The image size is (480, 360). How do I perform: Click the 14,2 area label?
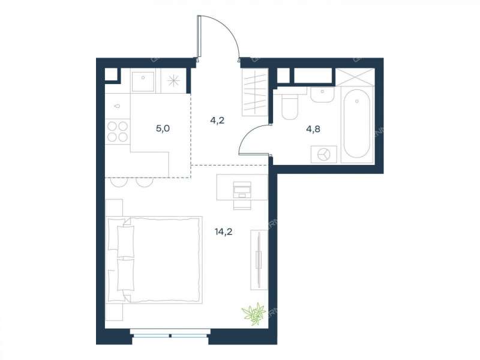pyautogui.click(x=223, y=232)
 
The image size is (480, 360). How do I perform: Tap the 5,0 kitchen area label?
pyautogui.click(x=163, y=128)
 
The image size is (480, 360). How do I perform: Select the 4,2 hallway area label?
pyautogui.click(x=217, y=121)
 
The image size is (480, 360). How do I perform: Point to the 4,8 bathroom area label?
pyautogui.click(x=313, y=129)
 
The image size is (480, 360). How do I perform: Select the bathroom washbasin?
pyautogui.click(x=322, y=94)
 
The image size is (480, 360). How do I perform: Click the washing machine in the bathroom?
pyautogui.click(x=324, y=154)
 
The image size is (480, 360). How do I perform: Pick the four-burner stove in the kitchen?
pyautogui.click(x=118, y=131)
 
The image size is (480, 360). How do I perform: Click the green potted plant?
pyautogui.click(x=254, y=313)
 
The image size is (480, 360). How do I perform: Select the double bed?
pyautogui.click(x=154, y=260)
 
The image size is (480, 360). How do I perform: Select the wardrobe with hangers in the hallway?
pyautogui.click(x=254, y=92)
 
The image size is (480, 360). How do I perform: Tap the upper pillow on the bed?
pyautogui.click(x=125, y=241)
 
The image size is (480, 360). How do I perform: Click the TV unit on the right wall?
pyautogui.click(x=259, y=260)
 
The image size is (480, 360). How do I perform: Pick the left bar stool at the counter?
pyautogui.click(x=119, y=182)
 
